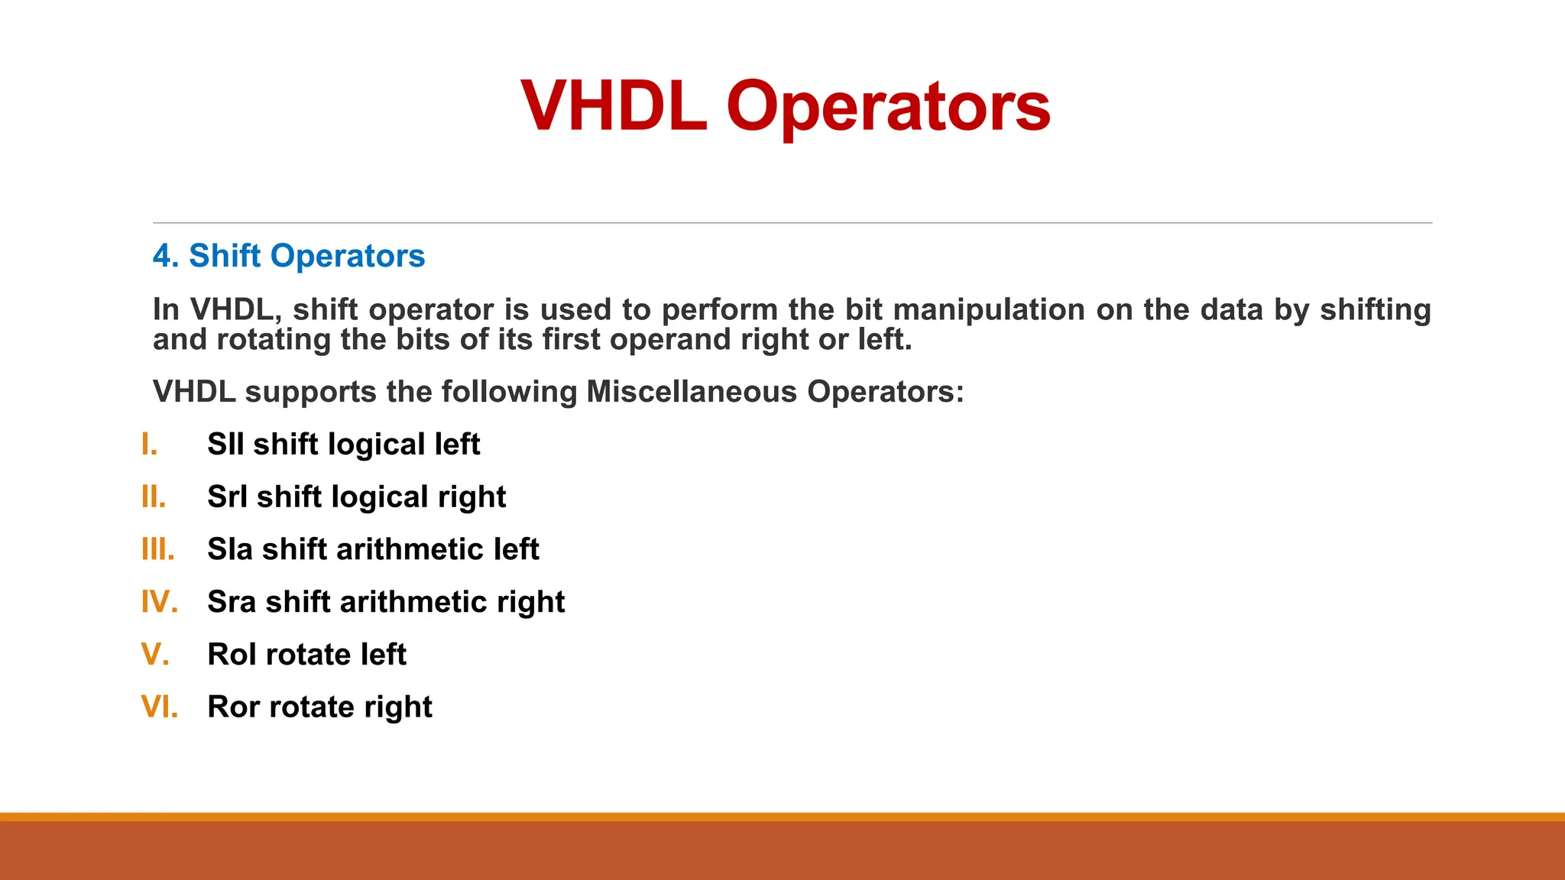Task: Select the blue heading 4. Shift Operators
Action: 289,256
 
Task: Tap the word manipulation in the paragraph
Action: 989,309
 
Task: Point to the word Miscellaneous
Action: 692,392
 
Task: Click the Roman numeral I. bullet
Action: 150,445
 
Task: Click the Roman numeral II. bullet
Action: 154,497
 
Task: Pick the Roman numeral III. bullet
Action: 158,549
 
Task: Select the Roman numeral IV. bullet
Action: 160,602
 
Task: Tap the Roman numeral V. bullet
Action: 155,655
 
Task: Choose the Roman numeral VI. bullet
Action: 160,707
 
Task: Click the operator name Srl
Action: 227,497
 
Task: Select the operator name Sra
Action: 232,602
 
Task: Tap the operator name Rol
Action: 232,655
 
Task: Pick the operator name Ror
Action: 233,707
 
